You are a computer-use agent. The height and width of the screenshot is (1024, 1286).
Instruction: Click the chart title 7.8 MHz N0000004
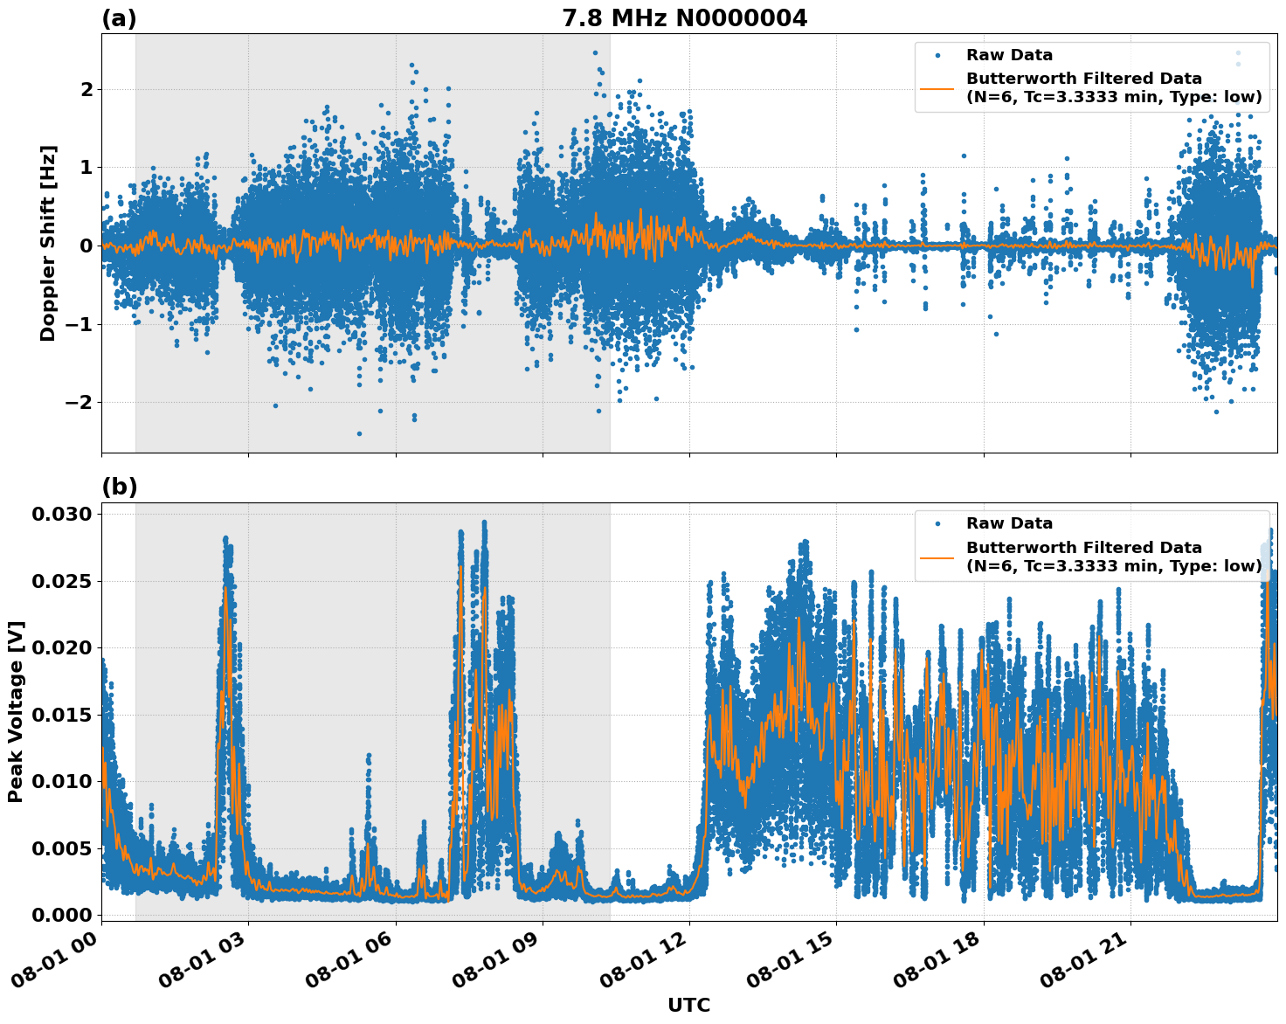[x=684, y=18]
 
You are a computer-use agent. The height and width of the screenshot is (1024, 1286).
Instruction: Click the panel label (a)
[x=119, y=18]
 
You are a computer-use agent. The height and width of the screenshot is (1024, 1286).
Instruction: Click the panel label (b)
[x=119, y=487]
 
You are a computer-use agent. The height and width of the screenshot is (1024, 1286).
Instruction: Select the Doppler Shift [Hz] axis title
[x=48, y=243]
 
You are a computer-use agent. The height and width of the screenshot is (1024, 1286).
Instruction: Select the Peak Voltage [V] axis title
[x=16, y=711]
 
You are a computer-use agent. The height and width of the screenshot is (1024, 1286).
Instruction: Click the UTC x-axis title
[x=688, y=1005]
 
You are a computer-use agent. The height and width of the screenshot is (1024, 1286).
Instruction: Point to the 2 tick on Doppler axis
[x=86, y=89]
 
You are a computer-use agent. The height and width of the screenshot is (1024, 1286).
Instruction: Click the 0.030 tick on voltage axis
[x=61, y=514]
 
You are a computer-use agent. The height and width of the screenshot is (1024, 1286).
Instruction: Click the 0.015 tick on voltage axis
[x=61, y=715]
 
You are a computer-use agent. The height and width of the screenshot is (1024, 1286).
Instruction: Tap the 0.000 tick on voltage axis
[x=61, y=915]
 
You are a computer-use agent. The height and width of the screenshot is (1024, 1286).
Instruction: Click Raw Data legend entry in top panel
[x=1009, y=55]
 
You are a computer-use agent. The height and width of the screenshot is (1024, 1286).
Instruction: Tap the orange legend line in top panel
[x=937, y=88]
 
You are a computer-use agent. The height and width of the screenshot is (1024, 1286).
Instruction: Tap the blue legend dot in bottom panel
[x=937, y=523]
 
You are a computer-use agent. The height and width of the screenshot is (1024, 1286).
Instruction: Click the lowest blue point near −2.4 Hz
[x=359, y=433]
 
